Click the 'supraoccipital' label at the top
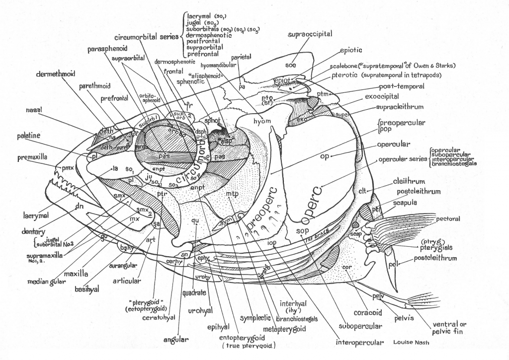[310, 34]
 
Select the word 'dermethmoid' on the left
[55, 74]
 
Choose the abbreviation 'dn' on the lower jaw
[79, 207]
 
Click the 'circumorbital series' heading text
[146, 37]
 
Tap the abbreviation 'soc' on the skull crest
[291, 65]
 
